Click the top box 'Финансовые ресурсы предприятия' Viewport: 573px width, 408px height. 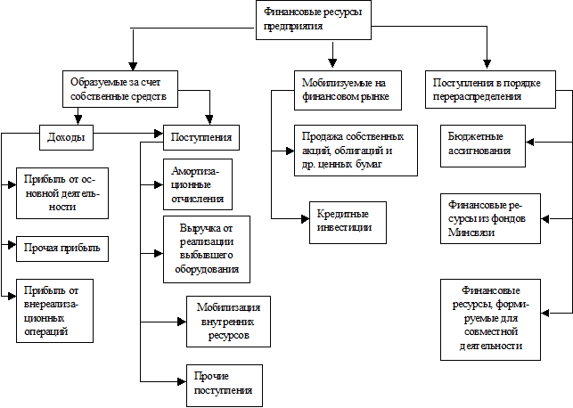[313, 20]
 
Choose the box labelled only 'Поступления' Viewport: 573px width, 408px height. [201, 138]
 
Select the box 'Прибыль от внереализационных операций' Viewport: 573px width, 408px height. [55, 310]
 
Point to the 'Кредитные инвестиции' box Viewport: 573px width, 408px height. [342, 222]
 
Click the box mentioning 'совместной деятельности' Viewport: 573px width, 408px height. [491, 318]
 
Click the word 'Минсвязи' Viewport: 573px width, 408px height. [472, 233]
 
